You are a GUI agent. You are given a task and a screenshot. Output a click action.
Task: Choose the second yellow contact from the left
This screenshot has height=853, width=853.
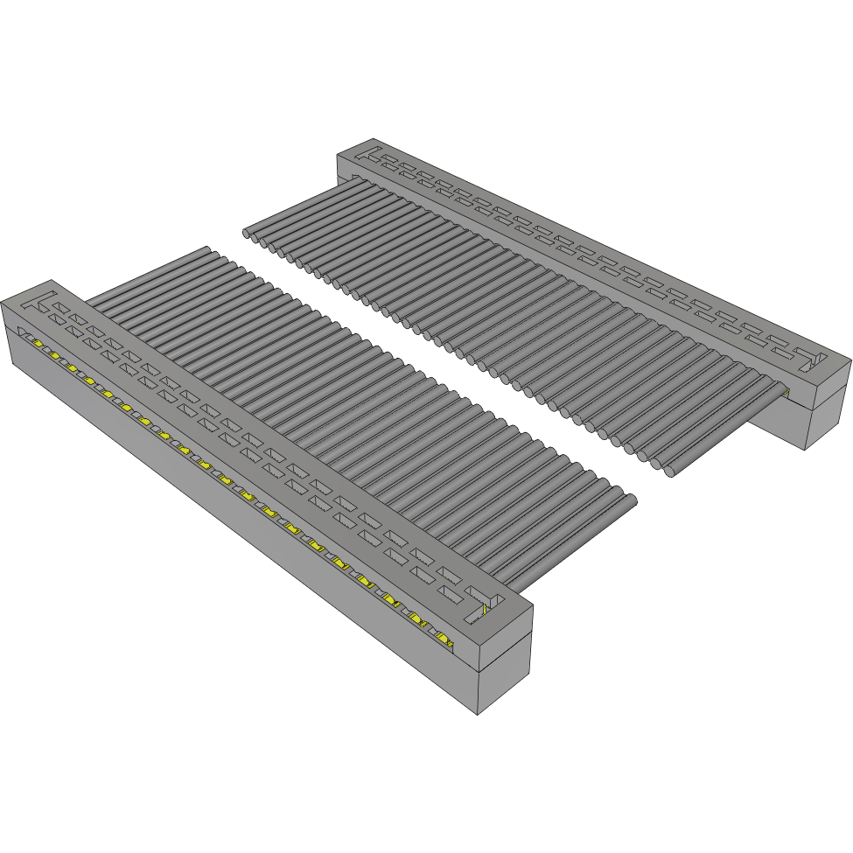tap(54, 355)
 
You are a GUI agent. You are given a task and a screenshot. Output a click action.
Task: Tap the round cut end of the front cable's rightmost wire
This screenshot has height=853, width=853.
tap(629, 501)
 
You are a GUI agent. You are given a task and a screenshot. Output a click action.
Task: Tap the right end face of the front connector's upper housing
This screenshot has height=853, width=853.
tap(506, 639)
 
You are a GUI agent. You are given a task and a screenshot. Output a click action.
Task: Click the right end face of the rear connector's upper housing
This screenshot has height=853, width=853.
tap(829, 376)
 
